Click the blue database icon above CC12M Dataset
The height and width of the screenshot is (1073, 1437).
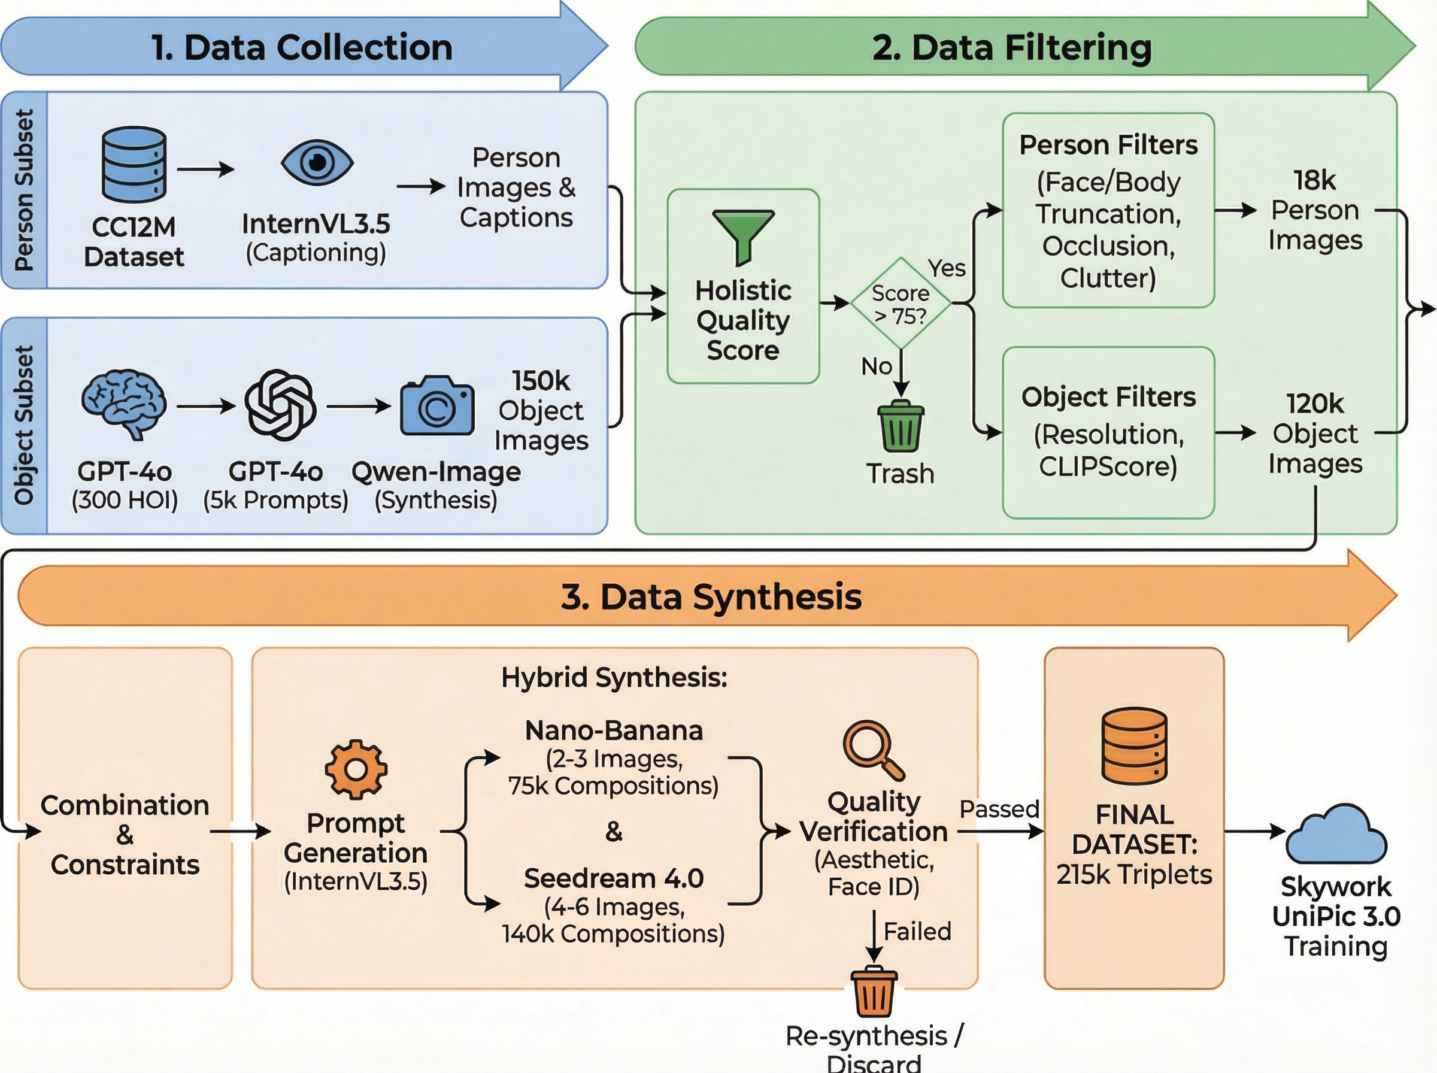pyautogui.click(x=134, y=164)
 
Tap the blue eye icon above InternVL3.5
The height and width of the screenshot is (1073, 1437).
pyautogui.click(x=317, y=162)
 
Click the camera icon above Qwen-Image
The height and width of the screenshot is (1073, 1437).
pyautogui.click(x=436, y=406)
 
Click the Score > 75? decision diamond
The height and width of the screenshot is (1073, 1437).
pyautogui.click(x=901, y=304)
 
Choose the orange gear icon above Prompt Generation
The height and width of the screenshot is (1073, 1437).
pyautogui.click(x=356, y=769)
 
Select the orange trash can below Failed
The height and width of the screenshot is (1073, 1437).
pyautogui.click(x=874, y=992)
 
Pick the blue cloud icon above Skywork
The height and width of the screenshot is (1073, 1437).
pyautogui.click(x=1336, y=834)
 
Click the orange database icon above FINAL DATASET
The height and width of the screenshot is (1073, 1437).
pyautogui.click(x=1135, y=746)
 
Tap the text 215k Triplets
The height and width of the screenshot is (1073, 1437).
pyautogui.click(x=1134, y=874)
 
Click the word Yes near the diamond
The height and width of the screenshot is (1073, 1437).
pyautogui.click(x=947, y=268)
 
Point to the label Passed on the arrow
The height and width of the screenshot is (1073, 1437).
pyautogui.click(x=999, y=809)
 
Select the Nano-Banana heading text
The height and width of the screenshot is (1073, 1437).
pyautogui.click(x=614, y=731)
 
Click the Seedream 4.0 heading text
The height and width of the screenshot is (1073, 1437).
pyautogui.click(x=614, y=878)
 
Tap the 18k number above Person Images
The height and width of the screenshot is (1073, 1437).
pyautogui.click(x=1314, y=180)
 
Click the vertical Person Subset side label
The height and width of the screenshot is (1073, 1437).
pyautogui.click(x=24, y=190)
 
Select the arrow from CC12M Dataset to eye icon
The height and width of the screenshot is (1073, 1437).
pyautogui.click(x=205, y=169)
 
